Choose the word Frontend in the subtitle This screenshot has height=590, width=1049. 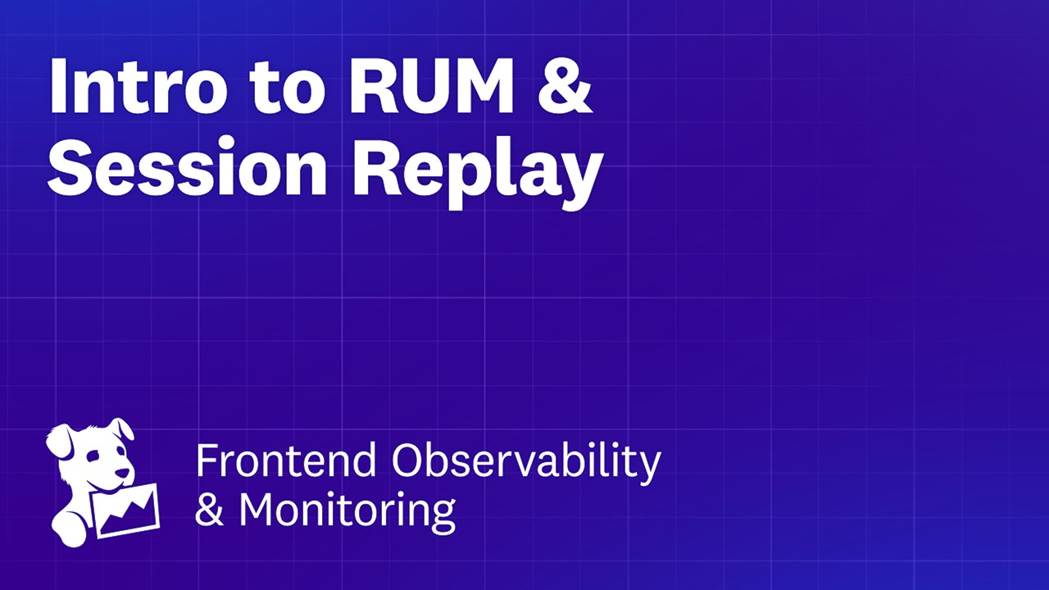pyautogui.click(x=287, y=461)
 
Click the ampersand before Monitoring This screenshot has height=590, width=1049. pyautogui.click(x=210, y=510)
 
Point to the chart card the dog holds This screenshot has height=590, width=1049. pyautogui.click(x=125, y=510)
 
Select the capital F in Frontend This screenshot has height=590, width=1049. pyautogui.click(x=206, y=461)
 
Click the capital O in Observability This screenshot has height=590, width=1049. pyautogui.click(x=407, y=461)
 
